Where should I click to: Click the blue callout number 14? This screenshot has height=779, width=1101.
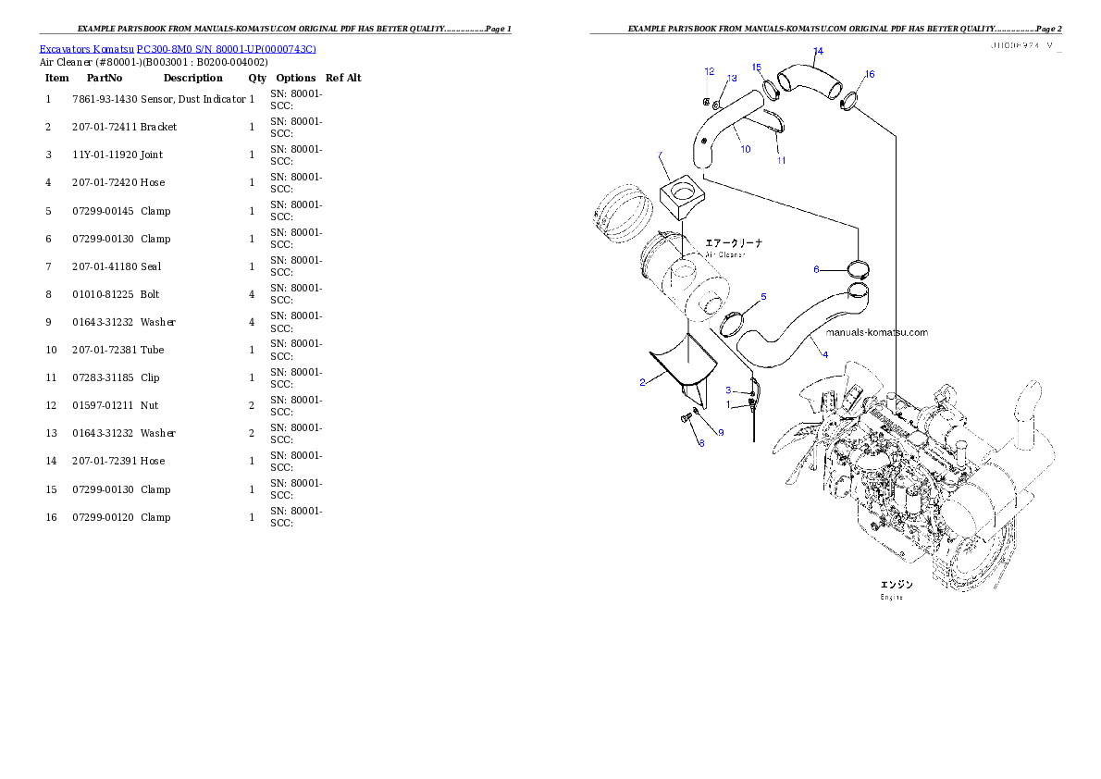[817, 51]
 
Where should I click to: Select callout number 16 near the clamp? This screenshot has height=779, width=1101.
[869, 74]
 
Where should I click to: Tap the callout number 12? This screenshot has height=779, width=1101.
[710, 71]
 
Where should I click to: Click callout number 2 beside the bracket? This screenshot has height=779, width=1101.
[642, 382]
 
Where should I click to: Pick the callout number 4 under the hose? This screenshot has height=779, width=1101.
[824, 355]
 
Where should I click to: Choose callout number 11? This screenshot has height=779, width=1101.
[781, 160]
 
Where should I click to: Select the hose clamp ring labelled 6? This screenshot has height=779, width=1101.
[860, 269]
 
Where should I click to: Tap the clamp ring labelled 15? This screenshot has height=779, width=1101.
[769, 89]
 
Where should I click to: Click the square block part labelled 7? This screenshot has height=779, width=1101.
[682, 201]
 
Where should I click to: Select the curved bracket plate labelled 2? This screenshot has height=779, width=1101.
[682, 365]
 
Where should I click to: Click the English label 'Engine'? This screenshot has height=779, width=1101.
[891, 597]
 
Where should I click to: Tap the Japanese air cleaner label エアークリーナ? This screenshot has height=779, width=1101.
[735, 243]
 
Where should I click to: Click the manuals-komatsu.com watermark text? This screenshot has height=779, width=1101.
[876, 332]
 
